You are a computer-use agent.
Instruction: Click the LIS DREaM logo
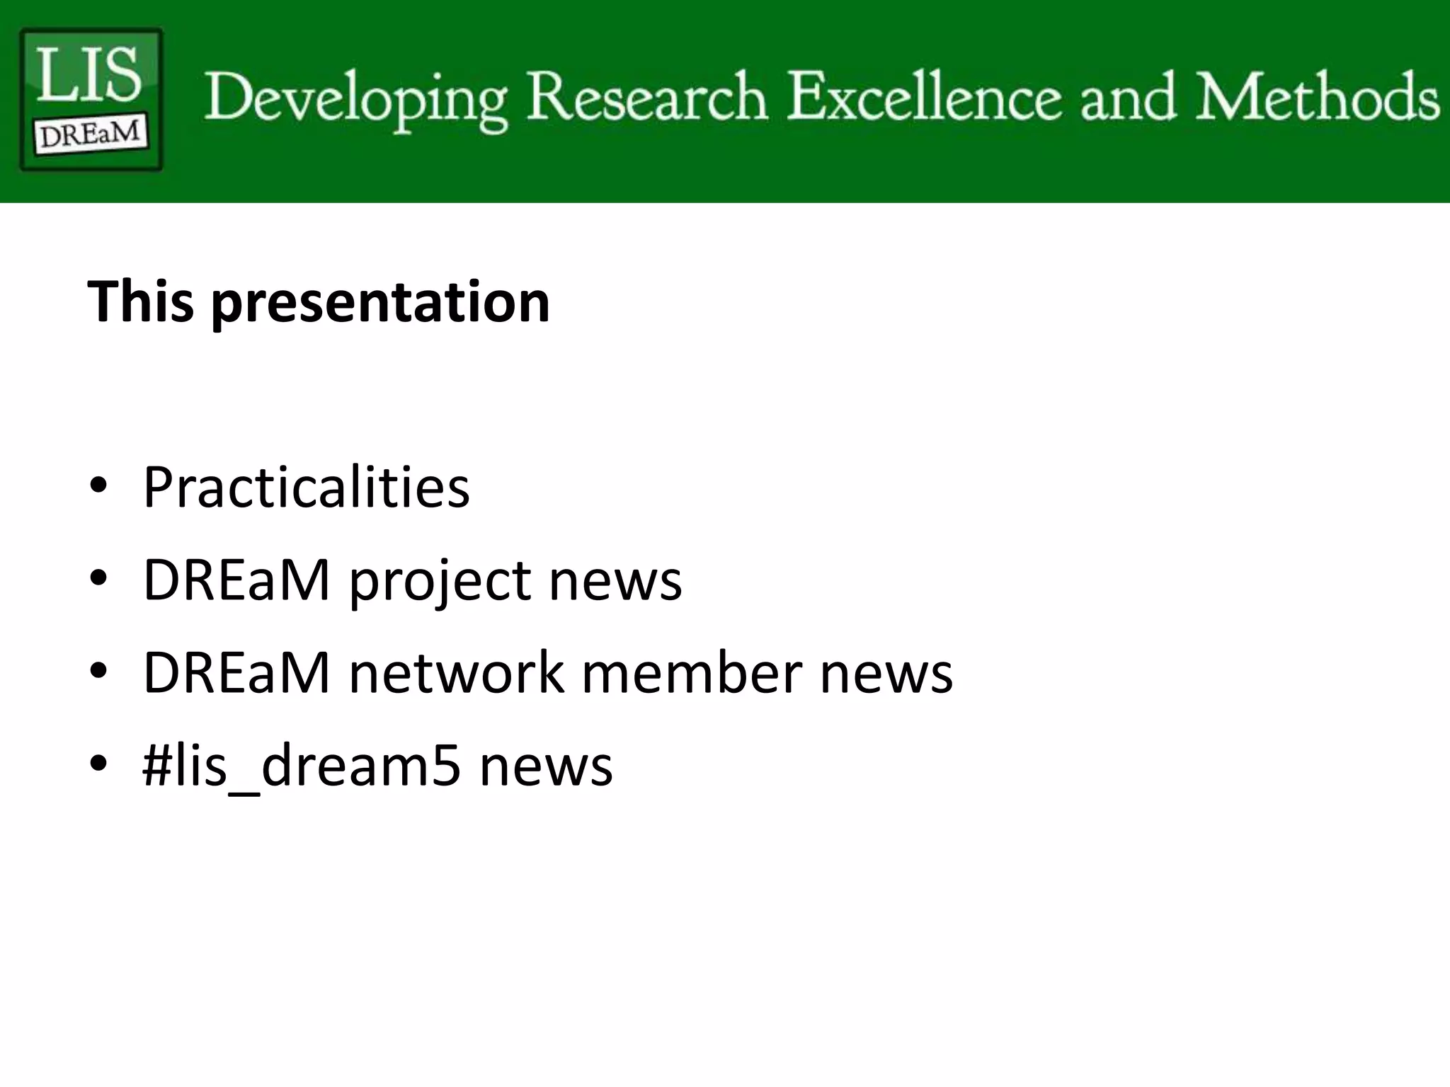coord(91,99)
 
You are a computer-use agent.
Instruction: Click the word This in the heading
coord(140,301)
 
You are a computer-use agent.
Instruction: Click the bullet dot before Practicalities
coord(98,485)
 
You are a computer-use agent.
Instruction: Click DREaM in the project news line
coord(236,580)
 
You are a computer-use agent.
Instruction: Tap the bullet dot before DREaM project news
coord(98,578)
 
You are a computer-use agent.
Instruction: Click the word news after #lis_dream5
coord(546,767)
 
